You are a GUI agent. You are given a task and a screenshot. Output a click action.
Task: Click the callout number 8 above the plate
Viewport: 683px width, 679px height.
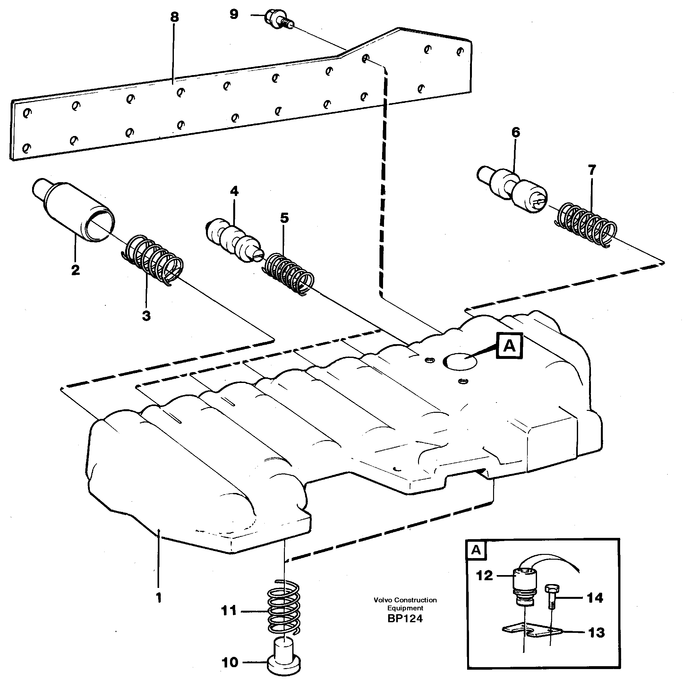(174, 17)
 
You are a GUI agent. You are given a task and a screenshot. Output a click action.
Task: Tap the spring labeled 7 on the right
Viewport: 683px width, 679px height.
(585, 225)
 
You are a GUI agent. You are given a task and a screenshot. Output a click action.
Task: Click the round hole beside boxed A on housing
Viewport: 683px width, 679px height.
(460, 361)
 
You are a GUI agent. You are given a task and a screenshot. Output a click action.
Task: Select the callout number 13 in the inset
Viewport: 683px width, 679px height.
(596, 632)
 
